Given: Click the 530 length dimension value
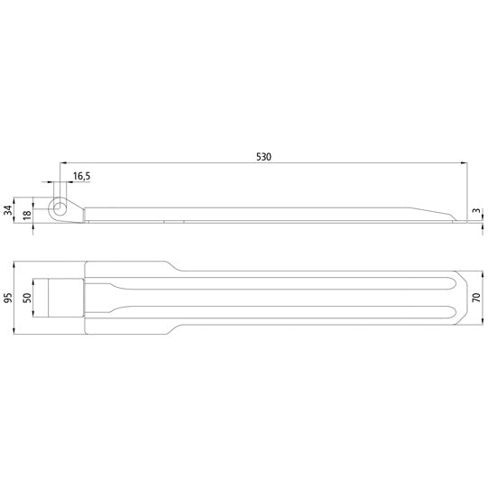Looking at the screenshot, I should (x=263, y=156).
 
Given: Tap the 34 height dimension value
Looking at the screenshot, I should (x=8, y=210).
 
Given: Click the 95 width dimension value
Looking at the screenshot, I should (x=8, y=299).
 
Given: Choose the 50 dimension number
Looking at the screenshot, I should (x=26, y=299).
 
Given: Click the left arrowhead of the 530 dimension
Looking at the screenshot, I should (x=64, y=163).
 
